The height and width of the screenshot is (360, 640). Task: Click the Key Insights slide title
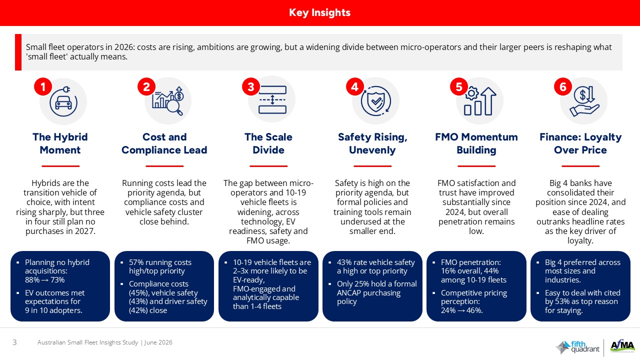(319, 12)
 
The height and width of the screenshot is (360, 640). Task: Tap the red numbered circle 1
(43, 86)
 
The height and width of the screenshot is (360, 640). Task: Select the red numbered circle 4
(354, 86)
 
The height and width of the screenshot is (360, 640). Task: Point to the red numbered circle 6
(562, 86)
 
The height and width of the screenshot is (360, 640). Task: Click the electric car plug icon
(63, 101)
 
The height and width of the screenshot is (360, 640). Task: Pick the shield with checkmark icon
(375, 101)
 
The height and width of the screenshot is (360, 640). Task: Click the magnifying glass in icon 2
(175, 107)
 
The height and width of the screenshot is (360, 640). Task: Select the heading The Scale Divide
(268, 143)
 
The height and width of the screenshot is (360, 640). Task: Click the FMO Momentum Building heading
(476, 143)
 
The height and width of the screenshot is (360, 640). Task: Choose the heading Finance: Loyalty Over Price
(580, 143)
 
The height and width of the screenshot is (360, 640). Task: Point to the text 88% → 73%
(45, 279)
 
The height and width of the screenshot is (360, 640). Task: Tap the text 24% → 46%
(461, 310)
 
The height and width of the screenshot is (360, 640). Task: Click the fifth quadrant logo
(577, 347)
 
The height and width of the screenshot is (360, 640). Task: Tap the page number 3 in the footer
(14, 342)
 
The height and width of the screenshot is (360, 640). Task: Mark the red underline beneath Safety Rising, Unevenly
(372, 166)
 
